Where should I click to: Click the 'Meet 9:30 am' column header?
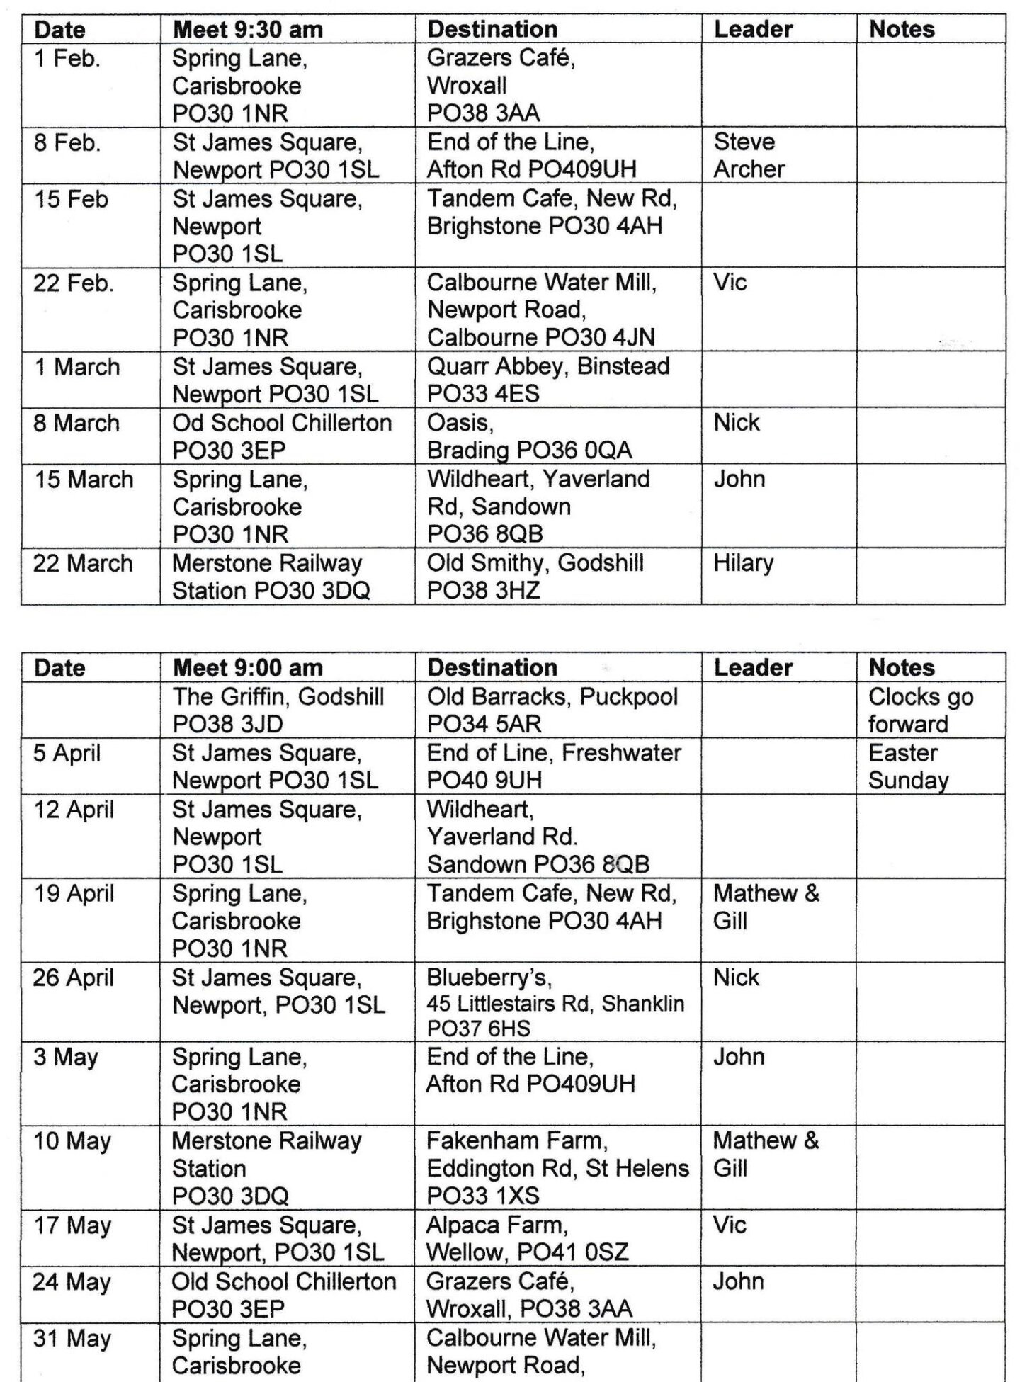coord(247,30)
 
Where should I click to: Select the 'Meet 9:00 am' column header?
coord(247,667)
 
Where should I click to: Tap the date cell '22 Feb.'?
coord(73,283)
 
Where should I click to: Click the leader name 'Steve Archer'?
coord(749,155)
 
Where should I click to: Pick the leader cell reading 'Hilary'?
coord(743,563)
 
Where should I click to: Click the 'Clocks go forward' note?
coord(920,710)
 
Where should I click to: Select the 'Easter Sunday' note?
coord(907,766)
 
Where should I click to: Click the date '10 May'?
coord(72,1141)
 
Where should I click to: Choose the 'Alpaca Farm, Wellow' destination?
coord(526,1238)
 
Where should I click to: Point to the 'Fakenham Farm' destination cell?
coord(557,1168)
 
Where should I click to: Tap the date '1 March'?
coord(77,367)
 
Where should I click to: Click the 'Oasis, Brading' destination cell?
coord(528,436)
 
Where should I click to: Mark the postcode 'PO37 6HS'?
coord(478,1028)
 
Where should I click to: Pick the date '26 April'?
coord(73,978)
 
